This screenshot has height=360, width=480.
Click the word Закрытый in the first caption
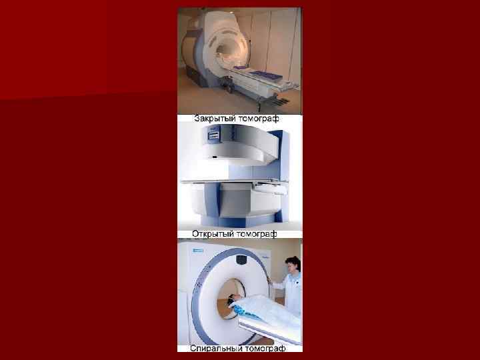click(x=214, y=119)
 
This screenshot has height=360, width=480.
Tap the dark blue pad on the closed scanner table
click(x=262, y=74)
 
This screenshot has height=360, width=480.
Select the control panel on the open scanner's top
click(x=214, y=133)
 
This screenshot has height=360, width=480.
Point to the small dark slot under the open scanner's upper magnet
click(x=215, y=157)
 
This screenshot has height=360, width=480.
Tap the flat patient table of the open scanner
click(x=234, y=181)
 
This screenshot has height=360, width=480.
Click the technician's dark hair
click(x=293, y=263)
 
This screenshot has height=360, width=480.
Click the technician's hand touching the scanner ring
click(x=269, y=279)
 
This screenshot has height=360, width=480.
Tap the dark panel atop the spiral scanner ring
click(x=241, y=259)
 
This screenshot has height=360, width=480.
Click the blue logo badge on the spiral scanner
click(x=198, y=251)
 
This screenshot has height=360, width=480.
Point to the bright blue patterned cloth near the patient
click(x=241, y=311)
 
